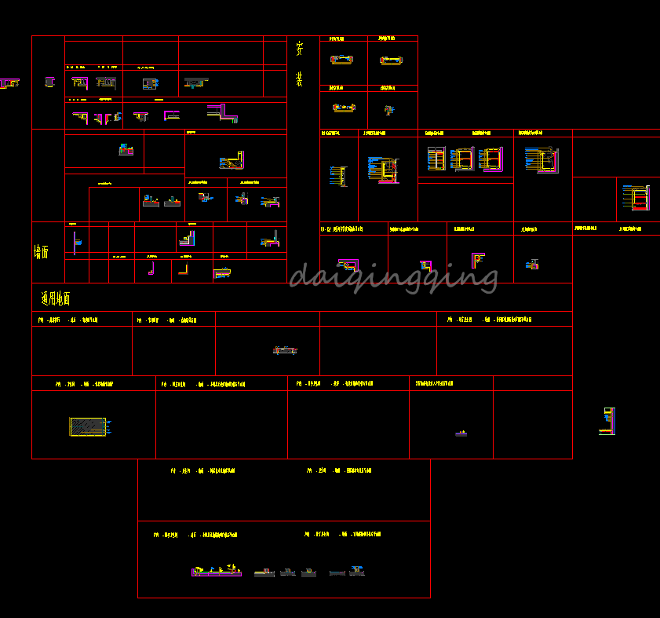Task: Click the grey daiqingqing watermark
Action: (393, 277)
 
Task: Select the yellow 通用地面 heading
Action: (56, 298)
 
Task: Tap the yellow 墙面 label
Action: (41, 252)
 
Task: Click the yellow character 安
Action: (299, 48)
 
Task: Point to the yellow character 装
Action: (299, 79)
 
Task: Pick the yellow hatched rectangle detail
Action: (87, 426)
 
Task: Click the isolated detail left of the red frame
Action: (9, 82)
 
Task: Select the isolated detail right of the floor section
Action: (607, 421)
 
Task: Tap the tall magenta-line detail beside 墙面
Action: (75, 241)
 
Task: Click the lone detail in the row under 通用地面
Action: (285, 349)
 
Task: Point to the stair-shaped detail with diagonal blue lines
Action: (232, 162)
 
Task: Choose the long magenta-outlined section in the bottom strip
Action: (216, 571)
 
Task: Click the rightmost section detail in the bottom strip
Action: (357, 570)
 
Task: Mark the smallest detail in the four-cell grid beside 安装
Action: (388, 110)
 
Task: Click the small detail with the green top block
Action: (125, 148)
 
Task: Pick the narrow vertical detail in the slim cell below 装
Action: (338, 176)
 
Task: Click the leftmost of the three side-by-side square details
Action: (436, 159)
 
